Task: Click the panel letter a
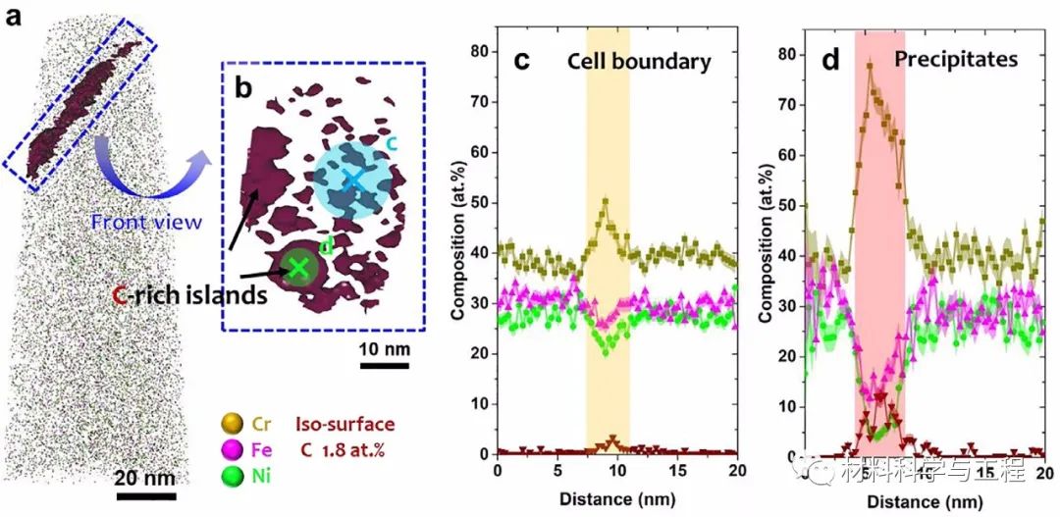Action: click(x=15, y=18)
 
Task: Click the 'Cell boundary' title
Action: click(x=638, y=61)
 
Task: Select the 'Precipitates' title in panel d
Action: click(x=955, y=60)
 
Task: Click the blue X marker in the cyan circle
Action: click(x=353, y=180)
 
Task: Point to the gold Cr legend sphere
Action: click(x=232, y=425)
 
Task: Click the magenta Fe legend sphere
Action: click(x=232, y=451)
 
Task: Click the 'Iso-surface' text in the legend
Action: click(x=344, y=425)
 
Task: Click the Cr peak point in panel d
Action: click(x=870, y=66)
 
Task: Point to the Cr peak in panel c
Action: click(x=606, y=201)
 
